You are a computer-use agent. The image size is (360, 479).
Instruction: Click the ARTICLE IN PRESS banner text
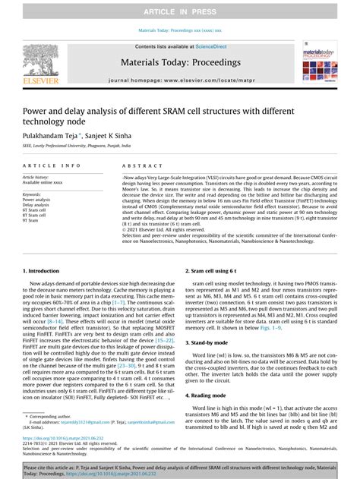click(x=180, y=10)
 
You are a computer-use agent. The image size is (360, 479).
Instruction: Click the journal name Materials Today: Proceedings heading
click(x=180, y=64)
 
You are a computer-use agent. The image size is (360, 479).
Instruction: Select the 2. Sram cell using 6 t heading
click(x=216, y=270)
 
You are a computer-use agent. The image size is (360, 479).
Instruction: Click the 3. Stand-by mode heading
click(x=210, y=342)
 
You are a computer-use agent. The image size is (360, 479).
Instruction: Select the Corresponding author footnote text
click(x=51, y=416)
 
